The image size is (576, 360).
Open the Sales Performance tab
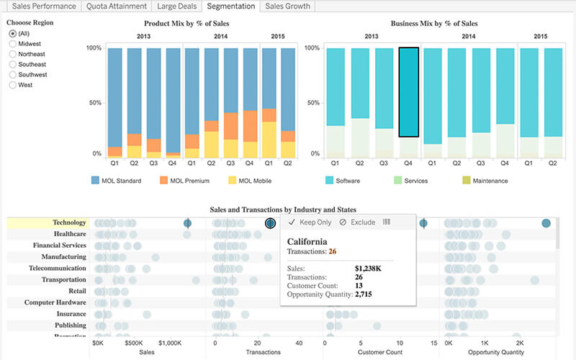click(43, 6)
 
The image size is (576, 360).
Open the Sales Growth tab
click(287, 6)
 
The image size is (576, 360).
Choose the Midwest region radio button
click(12, 44)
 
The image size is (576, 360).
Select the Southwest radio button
click(12, 75)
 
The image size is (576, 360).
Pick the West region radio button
click(12, 85)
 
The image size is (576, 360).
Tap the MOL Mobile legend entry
click(251, 181)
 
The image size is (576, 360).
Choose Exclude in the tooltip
click(357, 222)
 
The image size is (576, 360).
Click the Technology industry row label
click(69, 222)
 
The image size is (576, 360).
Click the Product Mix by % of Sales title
click(188, 24)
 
